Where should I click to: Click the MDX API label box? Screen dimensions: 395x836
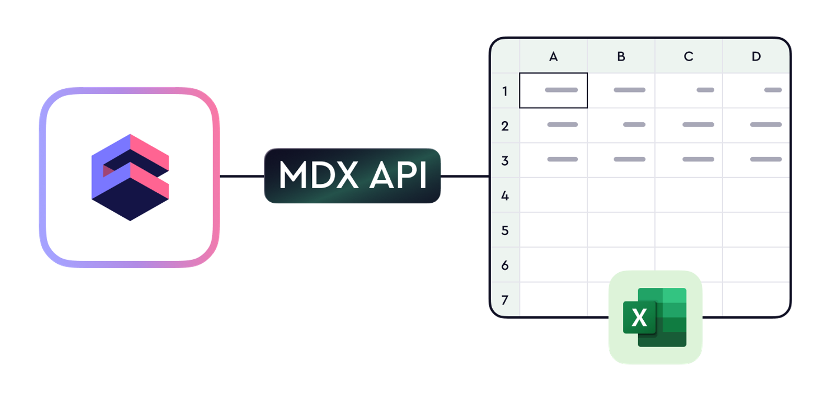point(352,176)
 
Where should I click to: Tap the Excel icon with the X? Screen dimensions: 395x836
point(655,317)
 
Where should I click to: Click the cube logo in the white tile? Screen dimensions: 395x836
point(130,177)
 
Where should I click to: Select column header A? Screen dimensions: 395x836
point(553,56)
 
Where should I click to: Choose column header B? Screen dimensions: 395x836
point(621,56)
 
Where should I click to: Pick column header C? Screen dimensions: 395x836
point(689,56)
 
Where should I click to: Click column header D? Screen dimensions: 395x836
point(756,56)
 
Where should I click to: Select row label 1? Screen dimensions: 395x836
point(505,91)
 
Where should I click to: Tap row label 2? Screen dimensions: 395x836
point(505,126)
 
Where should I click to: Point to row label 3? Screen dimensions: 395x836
point(505,160)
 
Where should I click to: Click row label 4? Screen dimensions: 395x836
point(505,195)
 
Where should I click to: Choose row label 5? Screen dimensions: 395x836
point(505,230)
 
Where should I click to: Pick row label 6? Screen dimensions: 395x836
point(505,265)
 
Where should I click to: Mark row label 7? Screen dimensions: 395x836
point(505,300)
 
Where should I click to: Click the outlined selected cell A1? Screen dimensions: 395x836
point(553,90)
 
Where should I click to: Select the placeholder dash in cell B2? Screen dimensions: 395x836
point(634,124)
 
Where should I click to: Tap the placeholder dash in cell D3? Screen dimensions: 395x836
point(766,159)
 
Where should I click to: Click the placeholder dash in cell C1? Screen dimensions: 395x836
point(705,90)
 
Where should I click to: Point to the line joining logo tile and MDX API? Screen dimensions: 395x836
point(242,176)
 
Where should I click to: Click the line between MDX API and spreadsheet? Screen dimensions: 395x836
point(465,176)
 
